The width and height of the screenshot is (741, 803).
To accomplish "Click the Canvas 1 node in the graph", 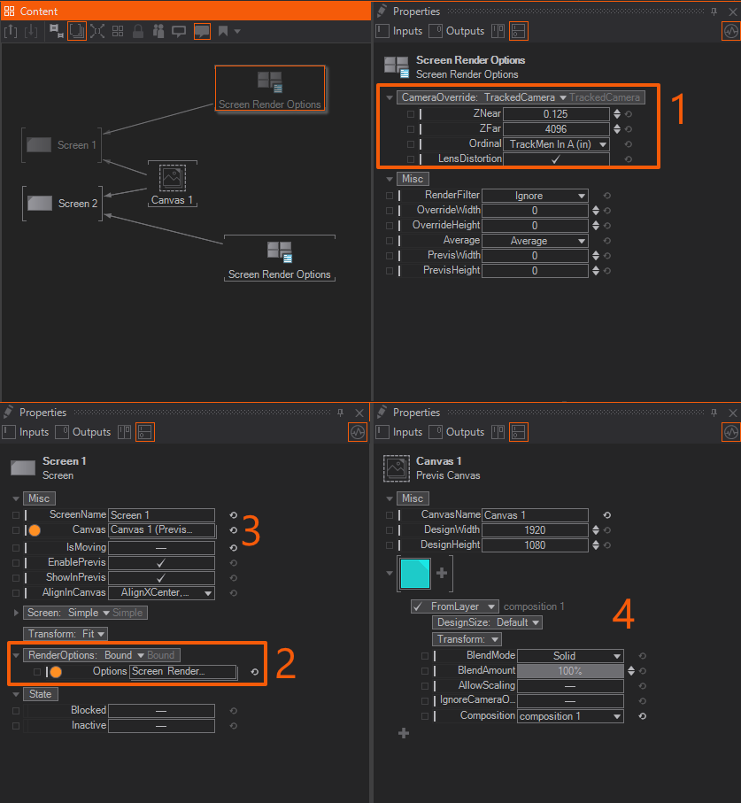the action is tap(172, 184).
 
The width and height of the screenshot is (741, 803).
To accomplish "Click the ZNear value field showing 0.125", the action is tap(556, 113).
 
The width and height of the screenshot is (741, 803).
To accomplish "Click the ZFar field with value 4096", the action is tap(556, 129).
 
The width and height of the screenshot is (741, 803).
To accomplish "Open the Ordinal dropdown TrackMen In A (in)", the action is tap(556, 144).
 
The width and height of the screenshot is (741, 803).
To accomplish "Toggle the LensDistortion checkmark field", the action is tap(556, 159).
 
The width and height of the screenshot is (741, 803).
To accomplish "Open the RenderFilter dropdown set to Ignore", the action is tap(535, 196).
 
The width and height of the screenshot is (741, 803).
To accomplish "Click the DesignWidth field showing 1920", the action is tap(535, 530).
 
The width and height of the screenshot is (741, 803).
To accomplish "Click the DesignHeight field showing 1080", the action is tap(535, 544).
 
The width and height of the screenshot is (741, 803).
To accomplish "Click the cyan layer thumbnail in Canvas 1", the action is tap(415, 574).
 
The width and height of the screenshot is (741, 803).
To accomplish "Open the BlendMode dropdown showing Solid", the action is tap(570, 656).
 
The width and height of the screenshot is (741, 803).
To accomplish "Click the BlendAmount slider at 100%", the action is tap(570, 671).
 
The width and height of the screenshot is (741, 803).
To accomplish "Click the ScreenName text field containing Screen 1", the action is tap(161, 515).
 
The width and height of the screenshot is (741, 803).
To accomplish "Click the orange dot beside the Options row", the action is tap(56, 672).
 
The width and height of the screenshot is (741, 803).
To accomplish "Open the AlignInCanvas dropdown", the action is tap(161, 593).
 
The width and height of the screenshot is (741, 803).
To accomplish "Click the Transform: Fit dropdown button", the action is tap(66, 634).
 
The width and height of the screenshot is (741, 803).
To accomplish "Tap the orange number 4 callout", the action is tap(623, 614).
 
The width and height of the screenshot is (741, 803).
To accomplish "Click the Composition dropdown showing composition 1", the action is tap(570, 716).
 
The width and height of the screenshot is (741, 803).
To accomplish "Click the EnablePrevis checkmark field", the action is tap(161, 563).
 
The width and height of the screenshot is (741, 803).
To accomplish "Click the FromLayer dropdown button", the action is tap(455, 606).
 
